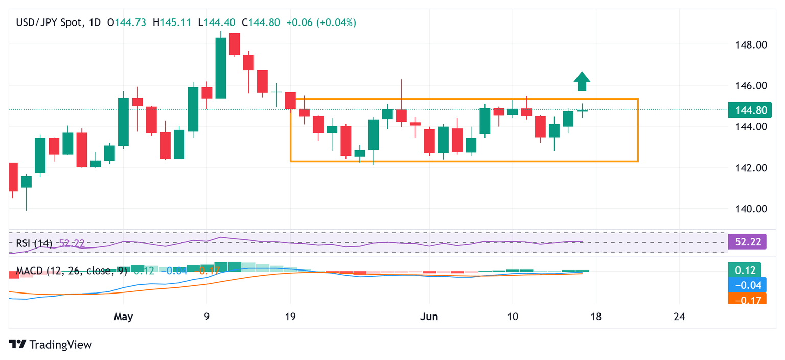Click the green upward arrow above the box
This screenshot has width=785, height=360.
pyautogui.click(x=582, y=82)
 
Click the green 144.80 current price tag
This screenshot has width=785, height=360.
pyautogui.click(x=747, y=110)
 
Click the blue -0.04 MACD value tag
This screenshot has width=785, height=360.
pyautogui.click(x=747, y=285)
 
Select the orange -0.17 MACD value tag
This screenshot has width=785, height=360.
pyautogui.click(x=747, y=299)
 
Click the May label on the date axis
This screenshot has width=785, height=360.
pyautogui.click(x=123, y=317)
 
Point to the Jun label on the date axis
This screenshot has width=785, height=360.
pyautogui.click(x=429, y=317)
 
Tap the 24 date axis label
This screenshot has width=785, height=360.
pyautogui.click(x=679, y=317)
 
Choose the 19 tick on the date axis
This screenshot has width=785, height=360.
pyautogui.click(x=290, y=317)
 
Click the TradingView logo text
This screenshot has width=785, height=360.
pyautogui.click(x=51, y=345)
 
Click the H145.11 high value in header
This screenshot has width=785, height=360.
pyautogui.click(x=175, y=22)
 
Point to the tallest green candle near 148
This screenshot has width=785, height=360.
pyautogui.click(x=221, y=68)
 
